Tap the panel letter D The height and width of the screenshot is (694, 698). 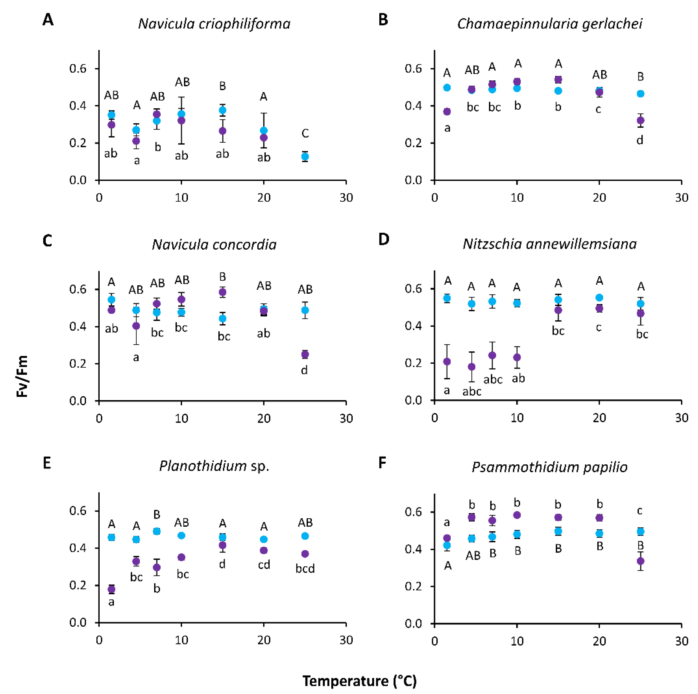tap(383, 239)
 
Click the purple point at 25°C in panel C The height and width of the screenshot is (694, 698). tap(305, 354)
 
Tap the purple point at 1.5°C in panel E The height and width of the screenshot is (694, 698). tap(112, 589)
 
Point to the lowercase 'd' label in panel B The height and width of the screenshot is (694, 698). tap(639, 140)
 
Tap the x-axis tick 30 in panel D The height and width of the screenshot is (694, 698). tap(681, 418)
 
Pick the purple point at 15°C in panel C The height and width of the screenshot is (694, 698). tap(223, 292)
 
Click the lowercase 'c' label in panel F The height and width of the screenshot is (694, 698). tap(639, 511)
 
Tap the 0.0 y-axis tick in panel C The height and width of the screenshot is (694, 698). tap(78, 401)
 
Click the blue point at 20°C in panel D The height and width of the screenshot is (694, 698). tap(599, 298)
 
